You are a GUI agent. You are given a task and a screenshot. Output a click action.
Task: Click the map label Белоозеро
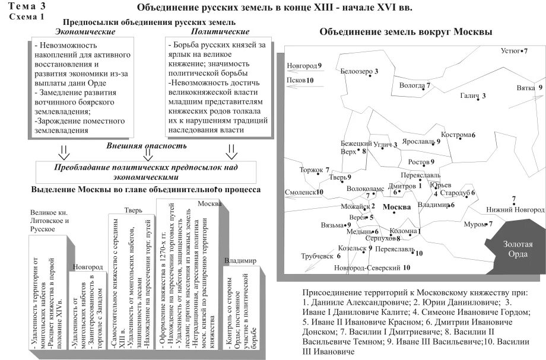[357, 71]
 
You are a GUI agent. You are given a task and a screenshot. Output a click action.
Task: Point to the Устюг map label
[511, 51]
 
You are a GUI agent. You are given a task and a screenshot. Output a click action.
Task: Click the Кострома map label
[456, 135]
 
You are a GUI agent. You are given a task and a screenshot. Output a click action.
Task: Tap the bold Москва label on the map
[398, 208]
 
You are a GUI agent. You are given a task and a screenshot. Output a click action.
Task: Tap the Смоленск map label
[300, 192]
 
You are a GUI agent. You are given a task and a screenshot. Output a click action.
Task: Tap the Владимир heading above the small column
[240, 260]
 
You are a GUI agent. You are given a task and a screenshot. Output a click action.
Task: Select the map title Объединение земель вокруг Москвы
[406, 32]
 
